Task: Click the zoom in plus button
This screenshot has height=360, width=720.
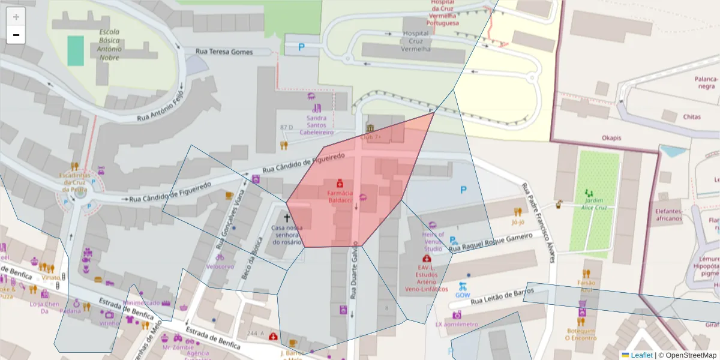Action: (16, 17)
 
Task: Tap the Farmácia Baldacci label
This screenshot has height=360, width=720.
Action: (340, 197)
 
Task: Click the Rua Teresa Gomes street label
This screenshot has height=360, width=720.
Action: (224, 52)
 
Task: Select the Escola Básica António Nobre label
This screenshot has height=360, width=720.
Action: (109, 45)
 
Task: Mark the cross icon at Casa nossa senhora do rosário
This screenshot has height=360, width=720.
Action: (287, 218)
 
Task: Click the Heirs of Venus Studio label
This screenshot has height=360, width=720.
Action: (433, 241)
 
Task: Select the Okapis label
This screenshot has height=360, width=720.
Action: (611, 138)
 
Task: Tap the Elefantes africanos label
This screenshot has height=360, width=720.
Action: (668, 215)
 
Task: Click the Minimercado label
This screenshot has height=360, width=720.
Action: (142, 303)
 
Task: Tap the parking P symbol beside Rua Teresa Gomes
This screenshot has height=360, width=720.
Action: (301, 47)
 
